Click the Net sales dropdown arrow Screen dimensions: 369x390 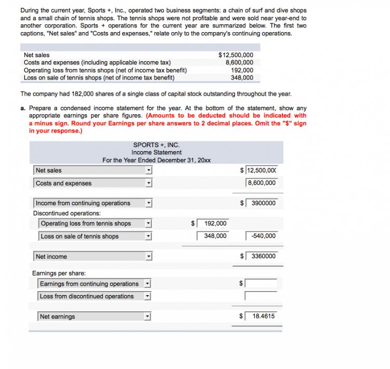(x=148, y=170)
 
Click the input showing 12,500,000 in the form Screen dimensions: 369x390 (x=262, y=170)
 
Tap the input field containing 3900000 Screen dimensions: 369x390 (x=262, y=203)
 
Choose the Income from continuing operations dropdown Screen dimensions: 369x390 (x=93, y=203)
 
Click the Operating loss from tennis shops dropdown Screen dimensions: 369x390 (x=95, y=223)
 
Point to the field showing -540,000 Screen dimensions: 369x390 (x=262, y=236)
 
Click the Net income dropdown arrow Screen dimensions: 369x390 (x=148, y=257)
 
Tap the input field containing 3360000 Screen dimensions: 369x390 (x=262, y=256)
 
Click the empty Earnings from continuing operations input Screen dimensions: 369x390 (x=261, y=284)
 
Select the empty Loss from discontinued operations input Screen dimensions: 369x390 (x=261, y=296)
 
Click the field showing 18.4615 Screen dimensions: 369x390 (x=262, y=316)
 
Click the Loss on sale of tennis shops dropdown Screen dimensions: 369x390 (x=95, y=236)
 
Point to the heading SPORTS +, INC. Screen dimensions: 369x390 (x=157, y=146)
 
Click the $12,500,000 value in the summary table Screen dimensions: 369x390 (x=236, y=55)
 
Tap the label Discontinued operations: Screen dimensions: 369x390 (x=67, y=214)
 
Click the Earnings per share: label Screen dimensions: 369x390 (x=59, y=273)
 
